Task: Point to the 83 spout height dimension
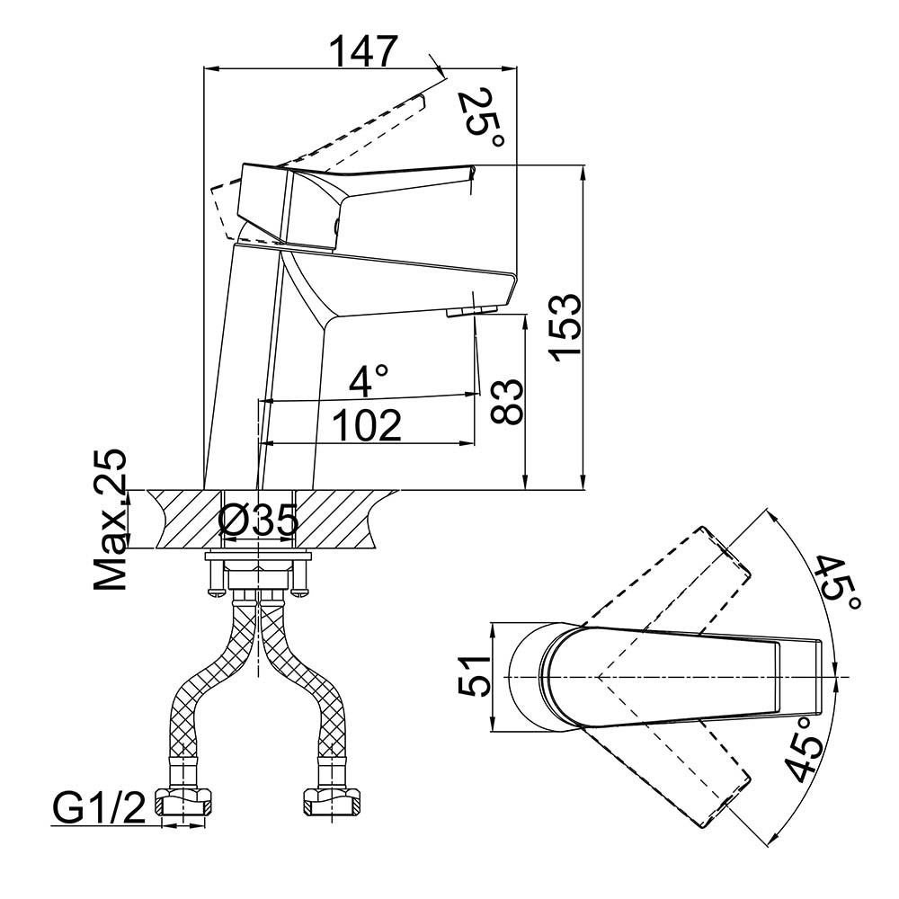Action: pos(508,401)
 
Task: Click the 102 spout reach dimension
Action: pos(368,424)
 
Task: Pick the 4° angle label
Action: pos(369,381)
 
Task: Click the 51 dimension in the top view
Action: pos(474,675)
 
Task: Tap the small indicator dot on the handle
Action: pos(335,227)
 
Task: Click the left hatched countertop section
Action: pos(184,519)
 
